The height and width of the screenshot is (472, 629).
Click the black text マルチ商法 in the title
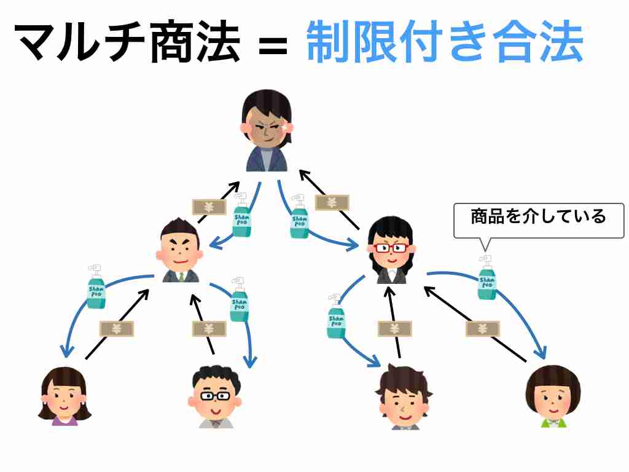(128, 42)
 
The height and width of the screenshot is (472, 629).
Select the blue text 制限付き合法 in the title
(445, 42)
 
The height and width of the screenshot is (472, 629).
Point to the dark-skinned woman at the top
(267, 131)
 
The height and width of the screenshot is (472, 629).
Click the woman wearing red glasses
(391, 250)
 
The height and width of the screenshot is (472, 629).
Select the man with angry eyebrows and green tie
(180, 250)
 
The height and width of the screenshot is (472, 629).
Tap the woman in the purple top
(64, 396)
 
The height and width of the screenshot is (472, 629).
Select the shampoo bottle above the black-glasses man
(239, 299)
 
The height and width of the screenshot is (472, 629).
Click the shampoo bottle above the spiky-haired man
(336, 316)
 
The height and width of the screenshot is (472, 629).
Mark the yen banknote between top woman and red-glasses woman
(332, 203)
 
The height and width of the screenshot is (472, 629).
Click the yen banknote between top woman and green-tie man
(209, 207)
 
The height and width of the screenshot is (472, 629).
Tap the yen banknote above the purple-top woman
(116, 329)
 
